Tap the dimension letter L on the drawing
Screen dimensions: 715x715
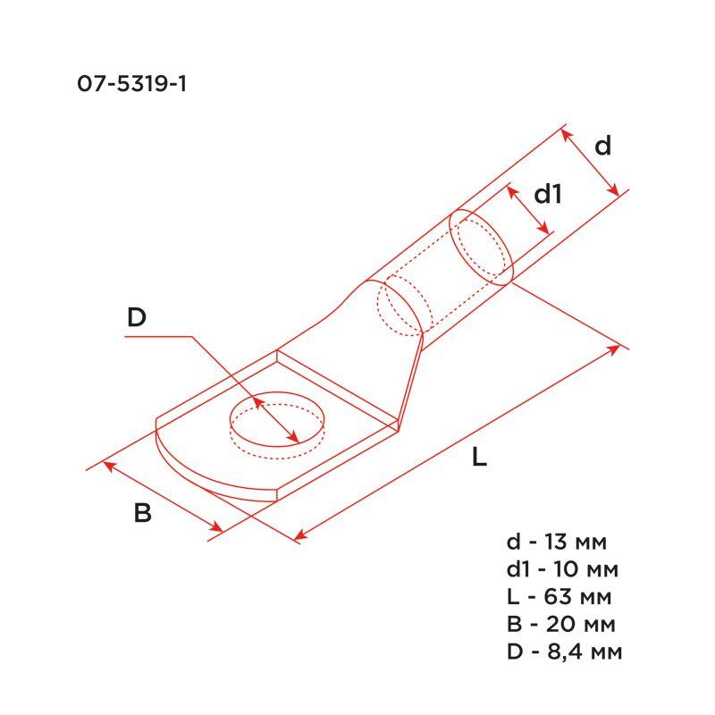coord(480,458)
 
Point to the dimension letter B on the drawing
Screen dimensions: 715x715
coord(142,514)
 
